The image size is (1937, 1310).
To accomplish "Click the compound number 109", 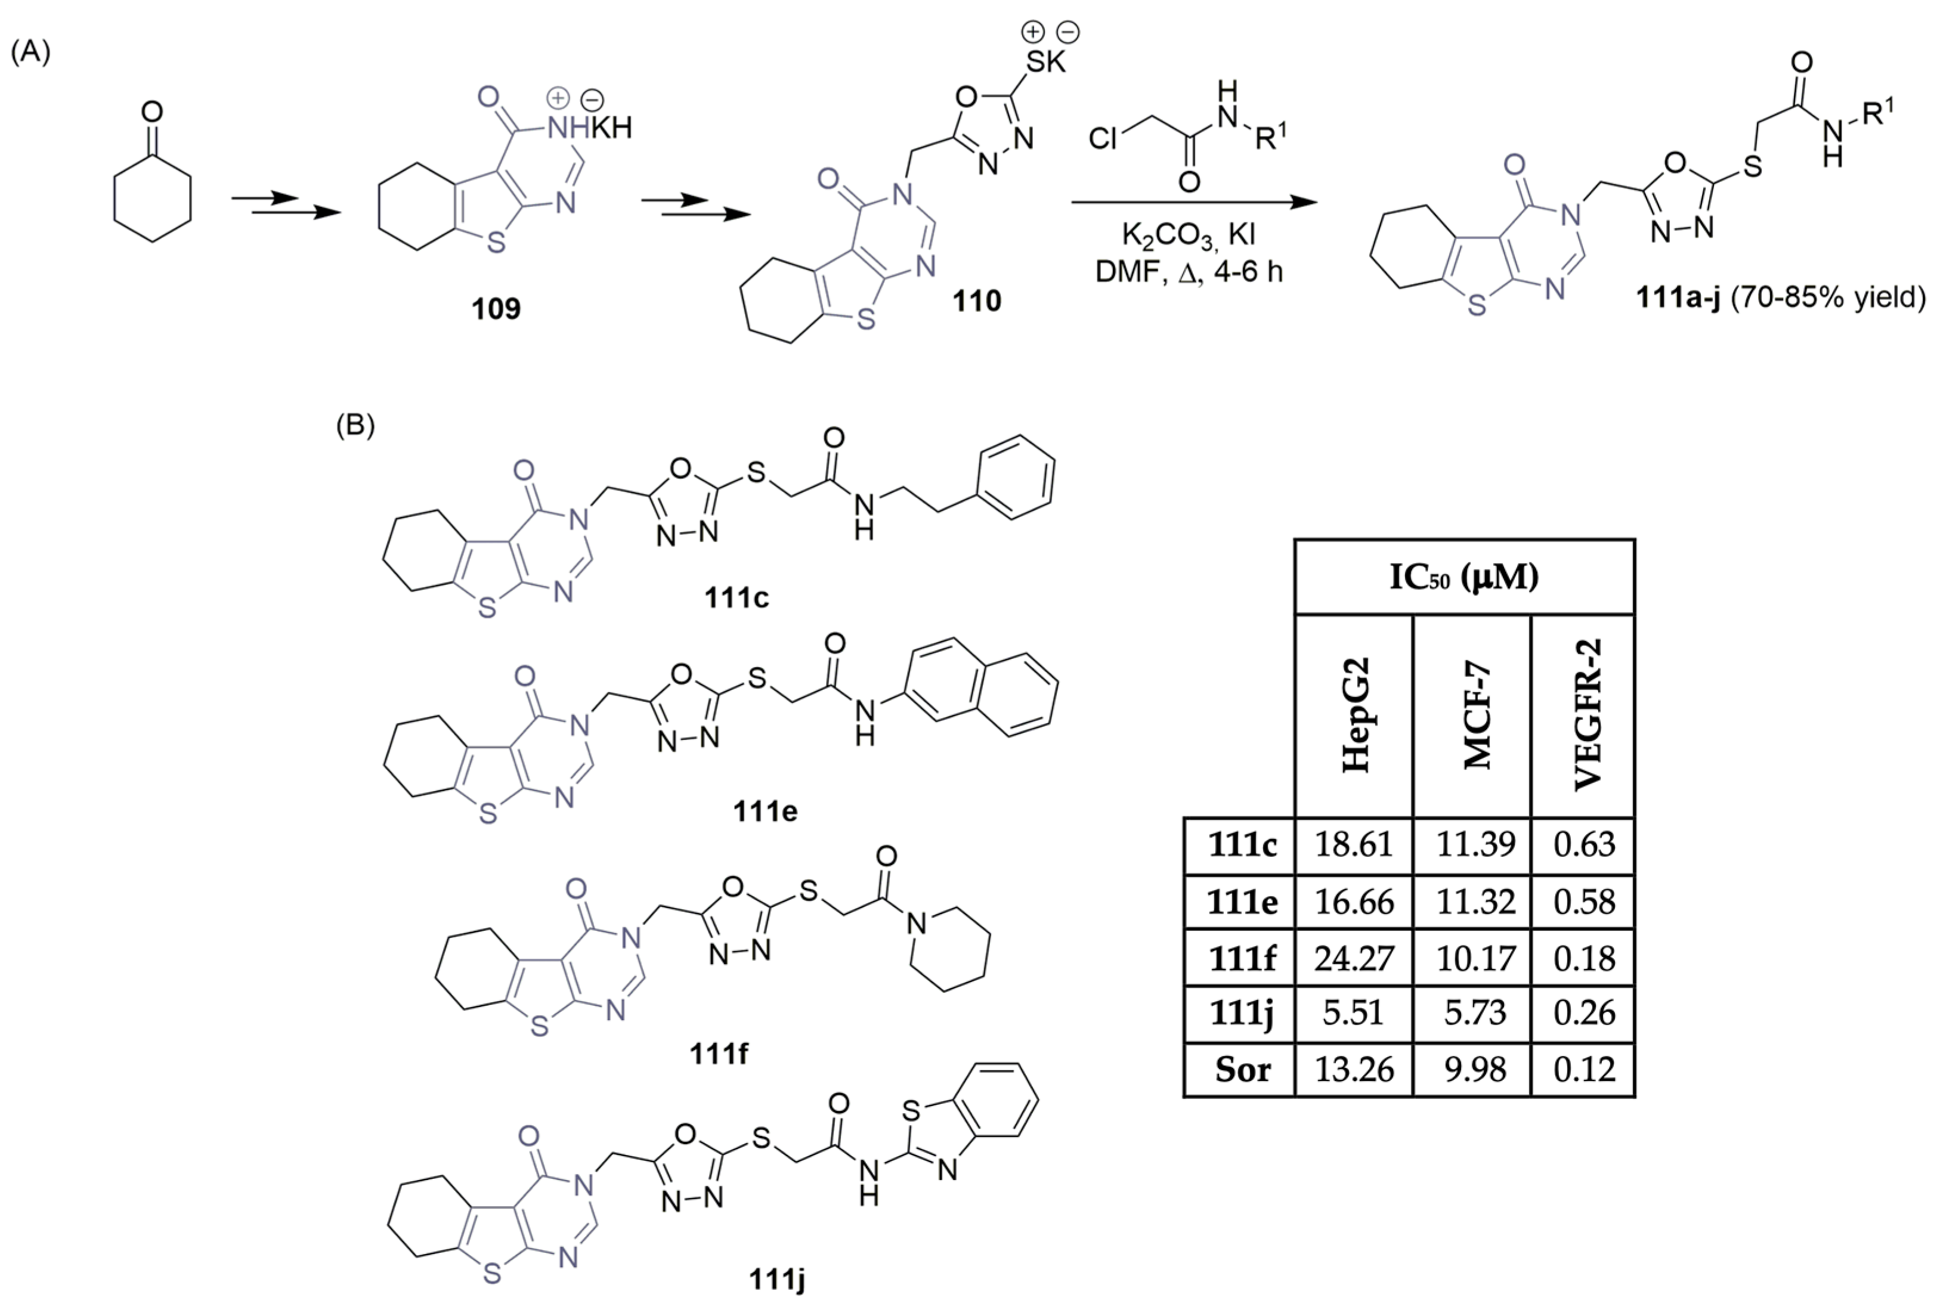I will coord(496,308).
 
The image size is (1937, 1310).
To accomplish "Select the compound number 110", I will coord(977,300).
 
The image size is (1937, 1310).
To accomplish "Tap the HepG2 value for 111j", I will coord(1354,1012).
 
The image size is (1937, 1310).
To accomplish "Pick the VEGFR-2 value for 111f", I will coord(1583,958).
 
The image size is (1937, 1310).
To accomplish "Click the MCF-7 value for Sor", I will coord(1474,1069).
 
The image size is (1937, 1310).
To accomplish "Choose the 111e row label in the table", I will coord(1242,902).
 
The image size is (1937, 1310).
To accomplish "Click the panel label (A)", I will coord(31,52).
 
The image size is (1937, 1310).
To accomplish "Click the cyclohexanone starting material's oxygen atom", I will coord(151,112).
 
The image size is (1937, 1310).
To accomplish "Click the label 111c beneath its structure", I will coord(737,597).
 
